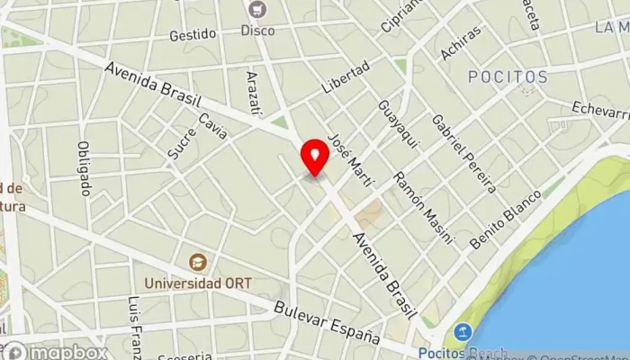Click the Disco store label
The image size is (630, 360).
(257, 31)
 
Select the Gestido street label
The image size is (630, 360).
(193, 34)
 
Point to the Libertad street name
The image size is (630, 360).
(346, 79)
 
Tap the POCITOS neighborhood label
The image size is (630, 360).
(508, 76)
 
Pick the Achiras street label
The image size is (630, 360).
(460, 43)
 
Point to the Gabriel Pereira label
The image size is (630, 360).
(463, 153)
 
